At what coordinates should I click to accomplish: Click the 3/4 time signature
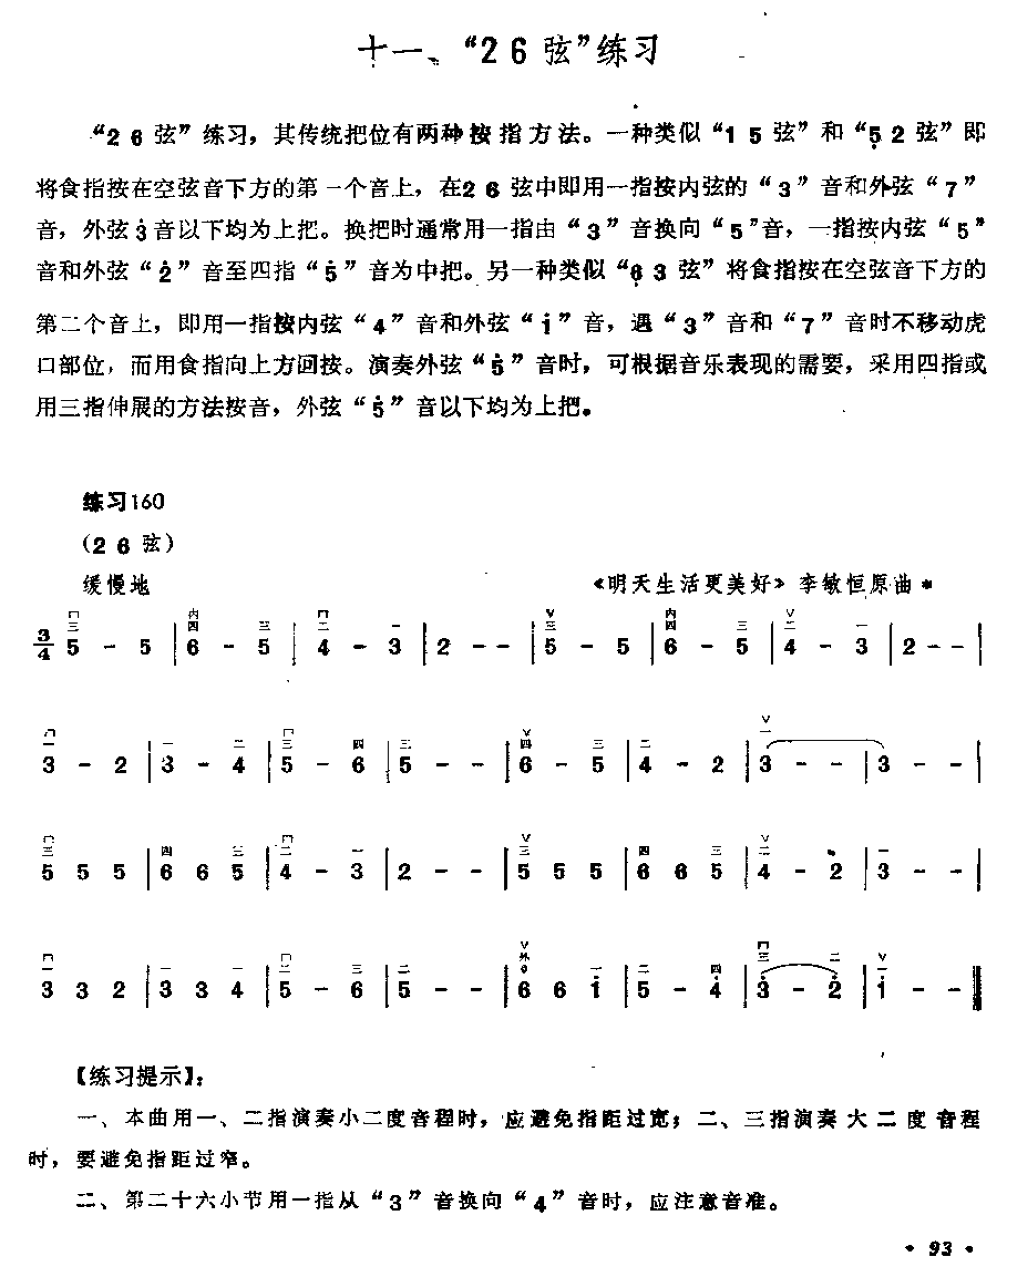(x=44, y=645)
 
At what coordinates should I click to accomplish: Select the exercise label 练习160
(x=123, y=501)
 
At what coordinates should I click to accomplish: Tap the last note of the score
(x=882, y=989)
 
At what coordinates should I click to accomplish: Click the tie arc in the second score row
(x=824, y=742)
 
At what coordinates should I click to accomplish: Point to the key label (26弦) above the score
(x=128, y=544)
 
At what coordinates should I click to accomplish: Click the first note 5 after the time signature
(x=73, y=647)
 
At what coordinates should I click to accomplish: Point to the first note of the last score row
(x=48, y=989)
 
